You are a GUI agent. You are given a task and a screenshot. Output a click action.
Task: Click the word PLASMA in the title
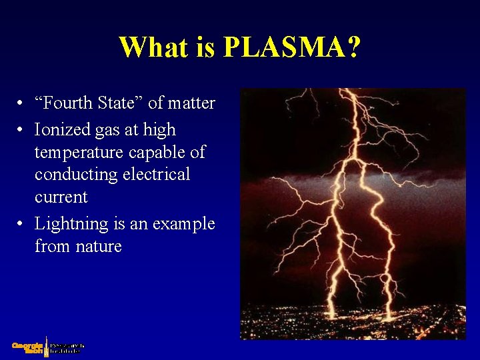point(282,47)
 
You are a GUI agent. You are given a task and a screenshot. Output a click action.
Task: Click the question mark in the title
point(353,47)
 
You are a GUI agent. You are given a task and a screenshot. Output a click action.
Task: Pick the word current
point(61,197)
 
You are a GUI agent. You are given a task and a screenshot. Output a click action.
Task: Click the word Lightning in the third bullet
point(71,224)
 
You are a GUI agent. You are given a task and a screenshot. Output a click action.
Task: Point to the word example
point(184,224)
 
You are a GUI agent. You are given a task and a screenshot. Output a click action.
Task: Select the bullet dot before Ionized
point(22,129)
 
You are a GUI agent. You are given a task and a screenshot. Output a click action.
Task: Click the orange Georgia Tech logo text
point(27,347)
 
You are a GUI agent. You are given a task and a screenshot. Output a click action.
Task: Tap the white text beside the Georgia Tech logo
point(67,347)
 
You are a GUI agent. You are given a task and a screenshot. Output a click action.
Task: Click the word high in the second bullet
point(159,129)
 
